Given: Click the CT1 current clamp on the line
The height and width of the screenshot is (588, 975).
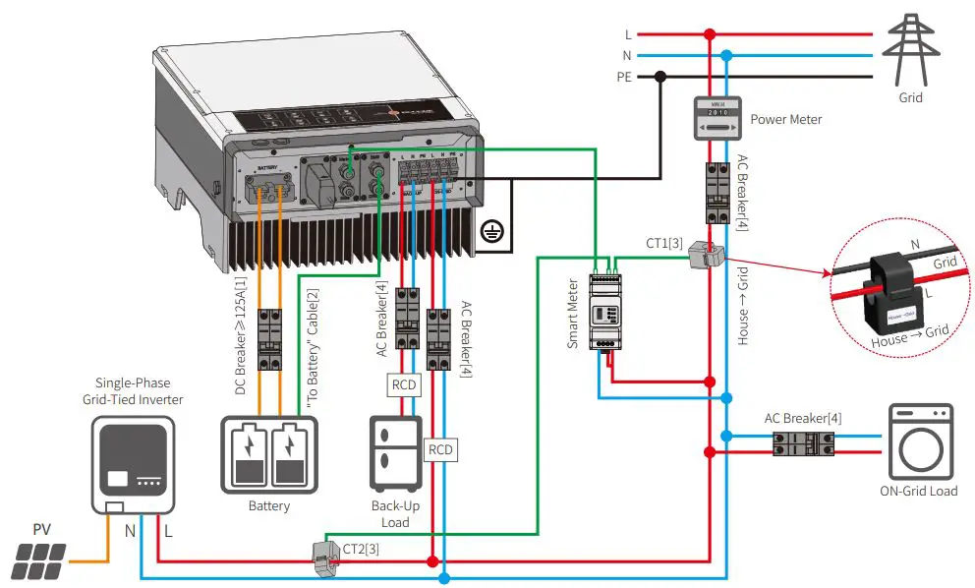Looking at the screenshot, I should click(x=705, y=255).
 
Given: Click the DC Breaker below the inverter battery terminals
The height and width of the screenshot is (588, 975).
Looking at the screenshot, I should click(x=270, y=340).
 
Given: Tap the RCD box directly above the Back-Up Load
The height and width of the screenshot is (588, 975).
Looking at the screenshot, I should click(x=404, y=384).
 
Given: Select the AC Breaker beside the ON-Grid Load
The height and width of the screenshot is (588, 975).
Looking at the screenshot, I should click(x=803, y=444).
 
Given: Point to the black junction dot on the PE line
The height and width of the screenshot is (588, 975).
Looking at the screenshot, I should click(x=661, y=76).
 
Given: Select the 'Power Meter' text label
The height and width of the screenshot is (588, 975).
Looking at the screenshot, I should click(x=785, y=120).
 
